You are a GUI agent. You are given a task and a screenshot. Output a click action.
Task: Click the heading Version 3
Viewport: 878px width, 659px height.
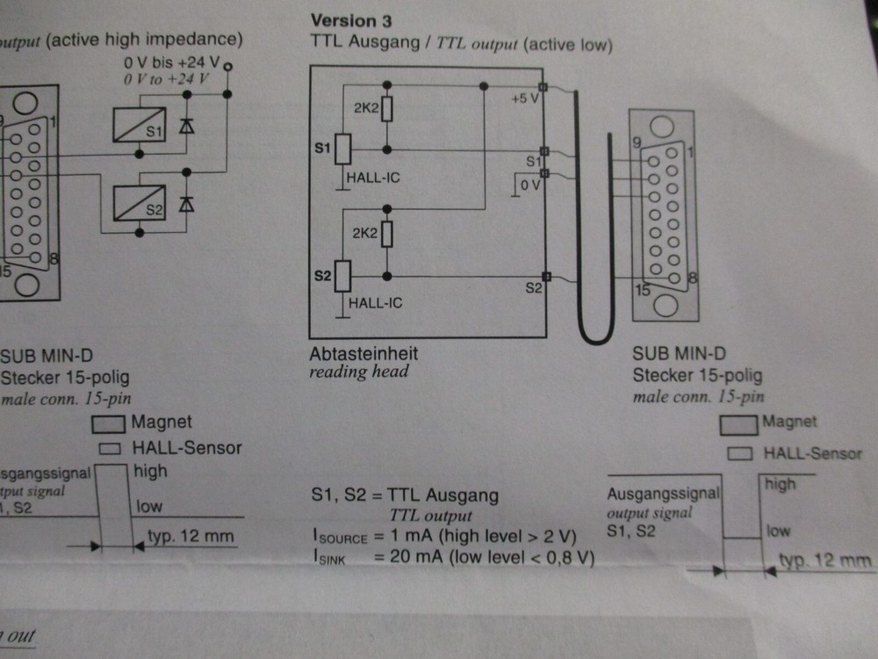coord(351,20)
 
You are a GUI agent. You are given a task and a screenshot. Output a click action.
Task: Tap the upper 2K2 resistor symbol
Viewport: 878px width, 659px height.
coord(387,108)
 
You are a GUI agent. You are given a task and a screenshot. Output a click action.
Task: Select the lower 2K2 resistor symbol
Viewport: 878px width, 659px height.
coord(387,235)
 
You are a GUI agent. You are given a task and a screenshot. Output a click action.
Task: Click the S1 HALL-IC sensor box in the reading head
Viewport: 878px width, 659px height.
coord(343,149)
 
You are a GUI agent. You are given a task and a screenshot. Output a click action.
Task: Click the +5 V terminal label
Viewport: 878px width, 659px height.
coord(524,98)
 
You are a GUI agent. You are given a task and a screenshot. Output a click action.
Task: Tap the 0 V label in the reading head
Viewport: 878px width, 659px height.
coord(529,186)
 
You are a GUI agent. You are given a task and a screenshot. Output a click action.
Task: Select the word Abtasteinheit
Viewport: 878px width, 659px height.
coord(363,353)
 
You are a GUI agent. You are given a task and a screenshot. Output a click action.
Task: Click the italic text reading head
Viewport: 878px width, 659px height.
coord(359,372)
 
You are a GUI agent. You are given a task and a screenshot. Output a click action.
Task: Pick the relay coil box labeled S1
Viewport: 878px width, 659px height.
coord(140,125)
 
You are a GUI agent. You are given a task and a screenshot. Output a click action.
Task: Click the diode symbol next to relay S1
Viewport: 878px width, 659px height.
coord(185,125)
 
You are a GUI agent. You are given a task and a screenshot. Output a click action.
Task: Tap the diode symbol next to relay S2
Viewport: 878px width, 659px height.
coord(185,204)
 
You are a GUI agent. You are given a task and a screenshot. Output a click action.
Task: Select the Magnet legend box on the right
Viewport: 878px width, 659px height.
coord(738,424)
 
